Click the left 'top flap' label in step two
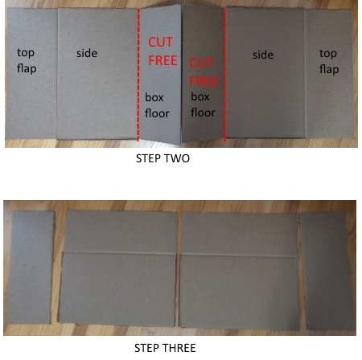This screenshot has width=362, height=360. [x=27, y=60]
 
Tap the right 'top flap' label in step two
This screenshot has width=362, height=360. [x=328, y=61]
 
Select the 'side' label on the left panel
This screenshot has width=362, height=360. [x=87, y=53]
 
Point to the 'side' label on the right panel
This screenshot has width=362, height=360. [x=263, y=55]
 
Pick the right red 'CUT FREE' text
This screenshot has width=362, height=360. [x=203, y=71]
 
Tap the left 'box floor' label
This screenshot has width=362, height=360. [x=158, y=104]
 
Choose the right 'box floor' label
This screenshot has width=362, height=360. [x=203, y=104]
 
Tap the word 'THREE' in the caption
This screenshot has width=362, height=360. [x=179, y=349]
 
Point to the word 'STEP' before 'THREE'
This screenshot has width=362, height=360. [x=148, y=349]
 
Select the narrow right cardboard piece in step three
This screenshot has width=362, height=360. [x=326, y=272]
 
